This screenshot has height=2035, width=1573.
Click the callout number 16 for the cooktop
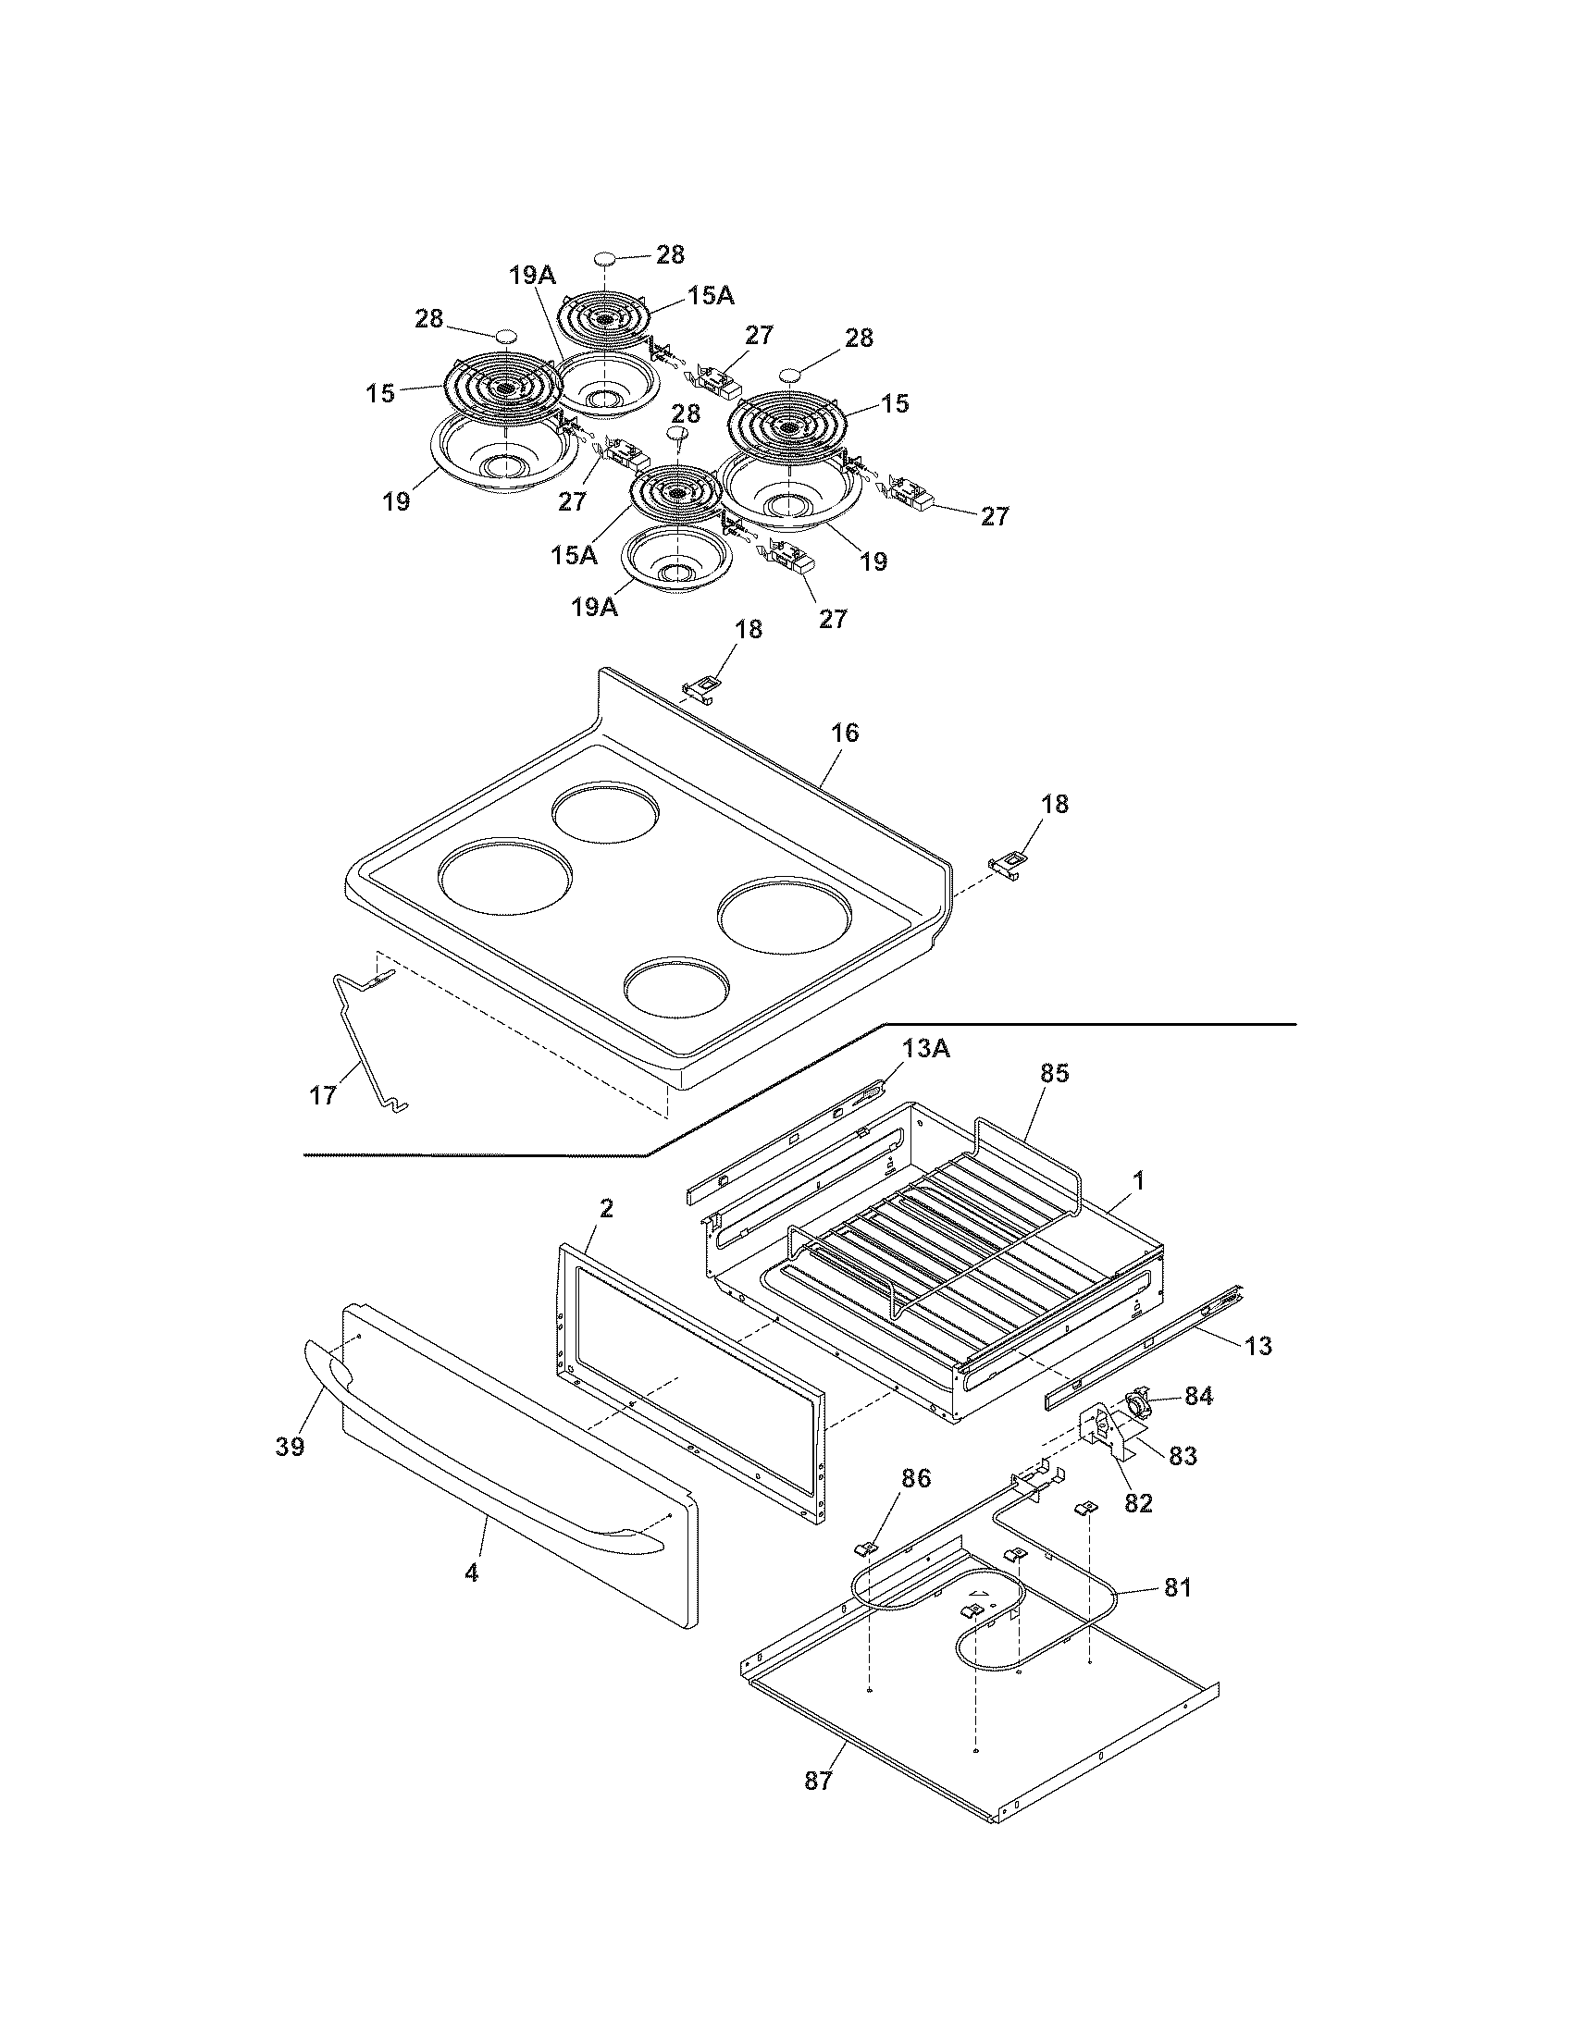tap(845, 734)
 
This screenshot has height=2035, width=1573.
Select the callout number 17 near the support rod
tap(322, 1096)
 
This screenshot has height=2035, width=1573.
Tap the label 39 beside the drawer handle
tap(291, 1447)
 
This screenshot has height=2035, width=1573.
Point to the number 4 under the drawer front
tap(472, 1573)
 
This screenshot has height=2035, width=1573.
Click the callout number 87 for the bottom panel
tap(818, 1781)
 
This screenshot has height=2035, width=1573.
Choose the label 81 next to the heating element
tap(1178, 1587)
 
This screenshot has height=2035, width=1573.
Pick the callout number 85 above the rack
tap(1055, 1073)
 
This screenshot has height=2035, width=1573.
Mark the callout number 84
tap(1198, 1397)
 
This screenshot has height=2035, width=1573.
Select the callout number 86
tap(916, 1479)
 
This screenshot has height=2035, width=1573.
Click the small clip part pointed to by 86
tap(864, 1548)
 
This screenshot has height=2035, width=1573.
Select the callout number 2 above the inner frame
tap(606, 1210)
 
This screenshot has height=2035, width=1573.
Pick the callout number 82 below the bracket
tap(1139, 1503)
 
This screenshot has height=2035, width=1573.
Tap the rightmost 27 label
tap(995, 515)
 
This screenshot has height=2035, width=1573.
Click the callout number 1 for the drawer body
tap(1137, 1180)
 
